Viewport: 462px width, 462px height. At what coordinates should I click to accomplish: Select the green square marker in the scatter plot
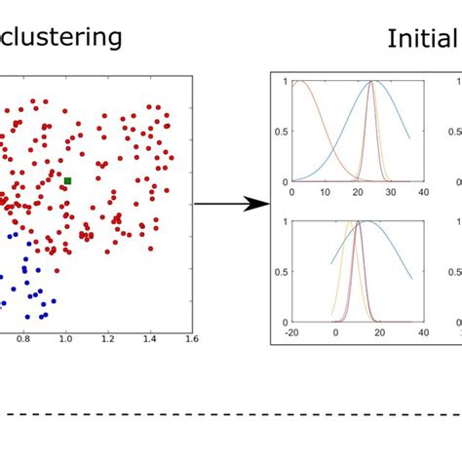[x=67, y=180]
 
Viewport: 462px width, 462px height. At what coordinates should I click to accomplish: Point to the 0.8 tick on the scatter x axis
[x=22, y=341]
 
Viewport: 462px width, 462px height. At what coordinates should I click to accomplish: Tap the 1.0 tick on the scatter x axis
[x=64, y=341]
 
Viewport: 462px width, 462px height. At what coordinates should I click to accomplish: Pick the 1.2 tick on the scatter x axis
[x=107, y=341]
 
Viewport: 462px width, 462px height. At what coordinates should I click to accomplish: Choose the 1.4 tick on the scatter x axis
[x=149, y=341]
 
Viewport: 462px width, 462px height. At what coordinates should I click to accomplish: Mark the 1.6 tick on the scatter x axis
[x=190, y=341]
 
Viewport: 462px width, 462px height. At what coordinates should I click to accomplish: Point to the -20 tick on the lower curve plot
[x=290, y=333]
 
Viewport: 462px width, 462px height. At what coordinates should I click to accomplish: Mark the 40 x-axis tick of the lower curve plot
[x=424, y=333]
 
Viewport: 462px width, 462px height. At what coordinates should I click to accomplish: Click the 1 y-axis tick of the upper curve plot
[x=286, y=81]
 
